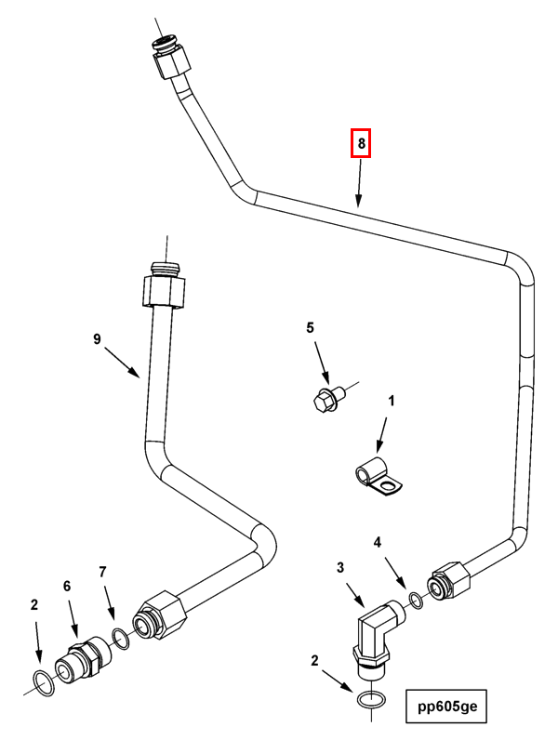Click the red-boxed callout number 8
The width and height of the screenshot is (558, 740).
tap(361, 143)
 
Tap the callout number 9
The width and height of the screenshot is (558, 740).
tap(97, 338)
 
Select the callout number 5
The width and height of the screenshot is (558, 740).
tap(310, 327)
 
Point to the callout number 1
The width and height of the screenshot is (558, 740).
tap(391, 402)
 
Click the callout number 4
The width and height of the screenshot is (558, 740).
tap(378, 543)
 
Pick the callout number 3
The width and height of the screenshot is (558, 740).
tap(340, 568)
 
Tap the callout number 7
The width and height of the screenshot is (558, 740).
tap(102, 572)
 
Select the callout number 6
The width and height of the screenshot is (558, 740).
tap(67, 587)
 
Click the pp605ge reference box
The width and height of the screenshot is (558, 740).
tap(446, 706)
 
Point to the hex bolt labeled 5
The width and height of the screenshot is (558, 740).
tap(328, 398)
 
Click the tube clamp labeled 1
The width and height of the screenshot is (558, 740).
tap(378, 477)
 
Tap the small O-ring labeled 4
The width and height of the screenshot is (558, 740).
tap(416, 601)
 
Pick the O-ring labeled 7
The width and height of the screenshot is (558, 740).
tap(121, 639)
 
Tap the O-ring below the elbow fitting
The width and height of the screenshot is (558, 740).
tap(371, 699)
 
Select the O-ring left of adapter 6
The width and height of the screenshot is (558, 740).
tap(44, 683)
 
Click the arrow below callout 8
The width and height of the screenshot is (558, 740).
tap(359, 183)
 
